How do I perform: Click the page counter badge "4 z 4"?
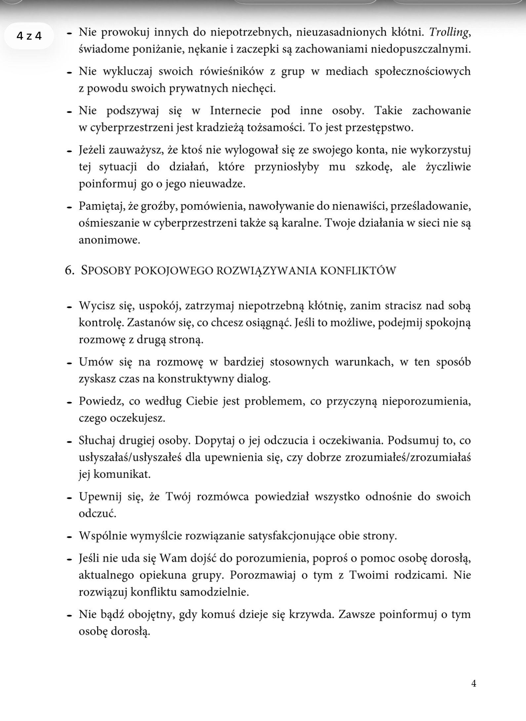[29, 36]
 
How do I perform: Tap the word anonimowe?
[109, 240]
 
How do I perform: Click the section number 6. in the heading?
[69, 270]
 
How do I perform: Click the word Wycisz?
[97, 306]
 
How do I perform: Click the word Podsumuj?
[403, 441]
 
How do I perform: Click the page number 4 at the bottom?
[473, 683]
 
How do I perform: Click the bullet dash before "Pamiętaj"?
[69, 207]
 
